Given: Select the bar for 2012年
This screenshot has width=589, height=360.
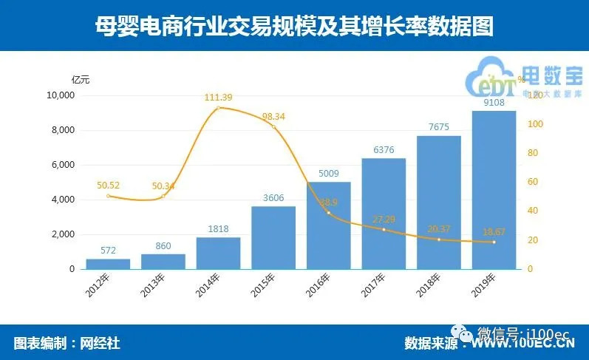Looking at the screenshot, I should coord(108,264).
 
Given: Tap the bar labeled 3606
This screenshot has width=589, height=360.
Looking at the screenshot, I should coord(273,237).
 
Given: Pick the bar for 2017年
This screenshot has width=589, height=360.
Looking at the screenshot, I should coord(384,214).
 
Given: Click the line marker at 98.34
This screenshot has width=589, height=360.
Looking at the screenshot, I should coord(273,126).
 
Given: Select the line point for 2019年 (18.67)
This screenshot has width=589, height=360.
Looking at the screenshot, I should coord(494,242).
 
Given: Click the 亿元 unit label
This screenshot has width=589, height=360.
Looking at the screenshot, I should coord(81,79).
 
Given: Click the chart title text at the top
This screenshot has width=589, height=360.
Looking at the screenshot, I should coord(294,27).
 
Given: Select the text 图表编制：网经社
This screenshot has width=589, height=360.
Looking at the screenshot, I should coord(67,343).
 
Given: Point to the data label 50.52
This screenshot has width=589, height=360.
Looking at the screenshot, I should coord(108,186).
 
